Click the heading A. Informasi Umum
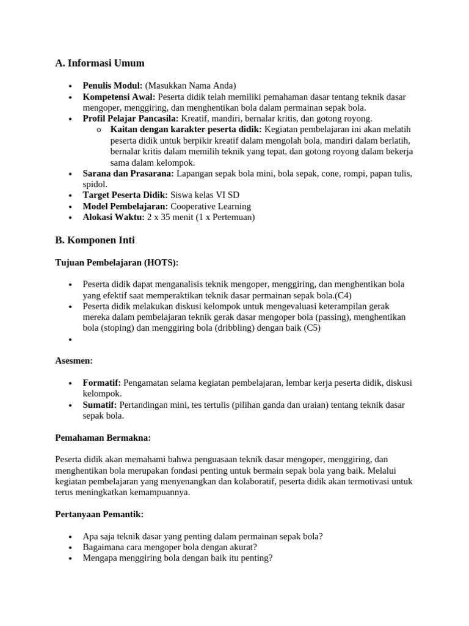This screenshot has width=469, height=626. point(100,64)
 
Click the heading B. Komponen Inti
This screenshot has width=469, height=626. point(95,240)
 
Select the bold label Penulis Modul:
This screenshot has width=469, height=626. point(112,86)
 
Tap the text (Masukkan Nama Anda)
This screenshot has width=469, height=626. point(190,86)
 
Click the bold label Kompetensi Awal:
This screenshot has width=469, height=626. point(119,97)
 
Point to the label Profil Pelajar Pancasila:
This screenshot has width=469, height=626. point(131,119)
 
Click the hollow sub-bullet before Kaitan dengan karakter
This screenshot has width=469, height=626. point(99,130)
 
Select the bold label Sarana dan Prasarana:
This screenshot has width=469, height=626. point(128,174)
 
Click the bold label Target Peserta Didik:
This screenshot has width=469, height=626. point(125,196)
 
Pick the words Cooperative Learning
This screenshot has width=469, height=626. point(211,207)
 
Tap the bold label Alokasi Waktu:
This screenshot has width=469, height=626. point(114,218)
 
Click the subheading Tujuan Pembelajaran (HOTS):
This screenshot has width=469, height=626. point(117,263)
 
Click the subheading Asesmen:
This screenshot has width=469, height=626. point(74,361)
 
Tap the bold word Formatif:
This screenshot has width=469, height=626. point(102,383)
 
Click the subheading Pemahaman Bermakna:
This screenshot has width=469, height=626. point(103,438)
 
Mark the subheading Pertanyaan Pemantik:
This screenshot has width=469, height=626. point(99,514)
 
